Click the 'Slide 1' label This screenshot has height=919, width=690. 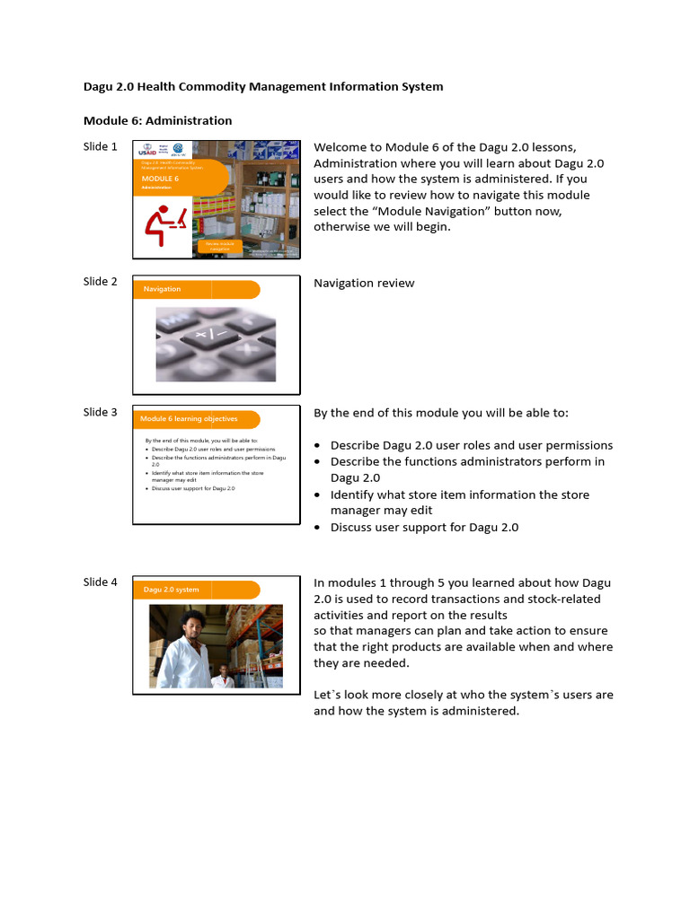click(100, 147)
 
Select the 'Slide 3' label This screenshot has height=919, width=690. click(100, 413)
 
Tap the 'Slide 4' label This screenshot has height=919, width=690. click(100, 582)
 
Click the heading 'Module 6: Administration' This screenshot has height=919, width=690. click(157, 120)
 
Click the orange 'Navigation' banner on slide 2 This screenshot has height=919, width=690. click(197, 289)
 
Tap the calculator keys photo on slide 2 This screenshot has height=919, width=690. click(216, 345)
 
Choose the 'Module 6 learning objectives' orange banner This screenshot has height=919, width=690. click(197, 419)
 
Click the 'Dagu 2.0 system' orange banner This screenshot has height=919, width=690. click(197, 590)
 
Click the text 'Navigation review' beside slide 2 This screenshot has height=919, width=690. click(364, 284)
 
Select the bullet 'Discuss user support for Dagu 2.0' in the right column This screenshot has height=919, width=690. click(424, 528)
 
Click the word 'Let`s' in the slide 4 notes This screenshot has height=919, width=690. click(329, 696)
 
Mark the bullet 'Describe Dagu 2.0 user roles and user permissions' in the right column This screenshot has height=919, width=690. click(471, 446)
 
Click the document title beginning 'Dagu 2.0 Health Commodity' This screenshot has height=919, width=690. click(263, 87)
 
